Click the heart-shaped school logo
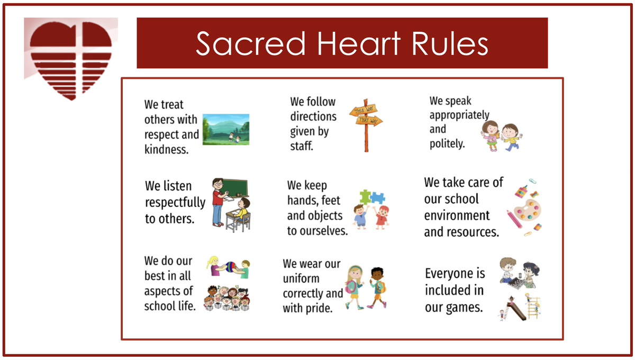point(71,60)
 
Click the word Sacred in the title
point(251,44)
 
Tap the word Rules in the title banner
point(450,44)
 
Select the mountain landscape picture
point(226,129)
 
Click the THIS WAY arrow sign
point(364,110)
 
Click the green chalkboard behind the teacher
point(235,187)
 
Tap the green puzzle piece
point(365,197)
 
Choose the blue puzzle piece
point(378,197)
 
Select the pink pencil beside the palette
point(514,219)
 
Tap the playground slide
point(516,311)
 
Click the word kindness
point(166,149)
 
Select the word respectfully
point(175,203)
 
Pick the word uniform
point(301,279)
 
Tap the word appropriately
point(459,115)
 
